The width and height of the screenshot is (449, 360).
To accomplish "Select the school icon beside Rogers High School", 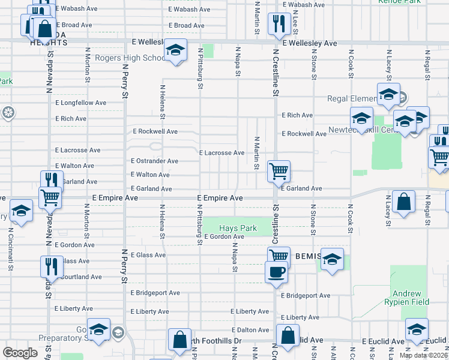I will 175,50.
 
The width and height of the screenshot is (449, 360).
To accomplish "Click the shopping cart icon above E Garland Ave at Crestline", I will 279,171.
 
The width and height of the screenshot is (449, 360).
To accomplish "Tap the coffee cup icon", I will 276,271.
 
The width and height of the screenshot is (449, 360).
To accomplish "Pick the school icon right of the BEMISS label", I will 332,259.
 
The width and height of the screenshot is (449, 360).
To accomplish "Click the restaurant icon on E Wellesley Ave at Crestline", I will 279,24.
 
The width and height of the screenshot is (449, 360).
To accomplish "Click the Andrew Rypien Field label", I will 411,298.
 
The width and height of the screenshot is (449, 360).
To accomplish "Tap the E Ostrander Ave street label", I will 154,161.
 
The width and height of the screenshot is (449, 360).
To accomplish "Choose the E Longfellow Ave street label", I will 80,103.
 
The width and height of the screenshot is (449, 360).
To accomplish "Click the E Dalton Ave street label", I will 251,330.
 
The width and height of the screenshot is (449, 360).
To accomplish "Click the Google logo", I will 20,353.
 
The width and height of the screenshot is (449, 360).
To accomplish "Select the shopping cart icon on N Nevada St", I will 50,197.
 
